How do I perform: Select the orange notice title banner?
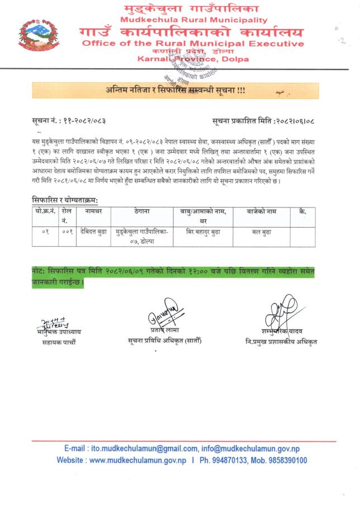coord(175,90)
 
